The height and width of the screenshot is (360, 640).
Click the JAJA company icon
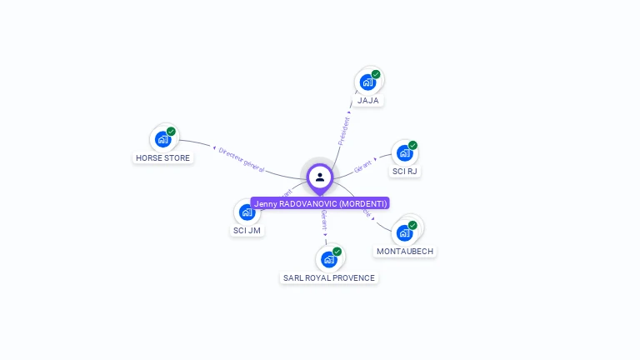[x=366, y=82]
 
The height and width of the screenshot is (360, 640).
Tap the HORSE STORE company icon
[x=162, y=139]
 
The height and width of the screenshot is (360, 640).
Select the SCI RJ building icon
[x=403, y=153]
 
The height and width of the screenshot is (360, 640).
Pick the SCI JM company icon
[x=247, y=212]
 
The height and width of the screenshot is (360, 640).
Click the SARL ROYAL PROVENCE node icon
[x=328, y=259]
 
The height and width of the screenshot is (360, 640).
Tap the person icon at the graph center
[x=320, y=177]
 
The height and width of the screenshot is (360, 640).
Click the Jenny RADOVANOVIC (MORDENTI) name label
[x=320, y=203]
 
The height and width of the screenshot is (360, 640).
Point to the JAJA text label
[x=368, y=101]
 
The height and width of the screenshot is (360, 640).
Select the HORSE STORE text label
[x=163, y=157]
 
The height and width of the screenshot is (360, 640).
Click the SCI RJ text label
[x=405, y=172]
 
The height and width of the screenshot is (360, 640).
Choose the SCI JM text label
[x=247, y=230]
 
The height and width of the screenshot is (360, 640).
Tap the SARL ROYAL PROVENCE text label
[x=329, y=277]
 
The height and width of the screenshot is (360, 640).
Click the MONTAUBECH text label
[x=405, y=251]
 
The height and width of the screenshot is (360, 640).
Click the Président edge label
[x=344, y=130]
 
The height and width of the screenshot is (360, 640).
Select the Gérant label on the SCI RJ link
[x=363, y=166]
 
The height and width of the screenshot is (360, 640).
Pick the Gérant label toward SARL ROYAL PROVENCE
[x=323, y=220]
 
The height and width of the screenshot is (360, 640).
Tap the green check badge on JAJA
[x=376, y=74]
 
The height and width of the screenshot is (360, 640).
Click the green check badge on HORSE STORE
[x=171, y=131]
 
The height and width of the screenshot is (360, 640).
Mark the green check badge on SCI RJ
[x=412, y=145]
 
